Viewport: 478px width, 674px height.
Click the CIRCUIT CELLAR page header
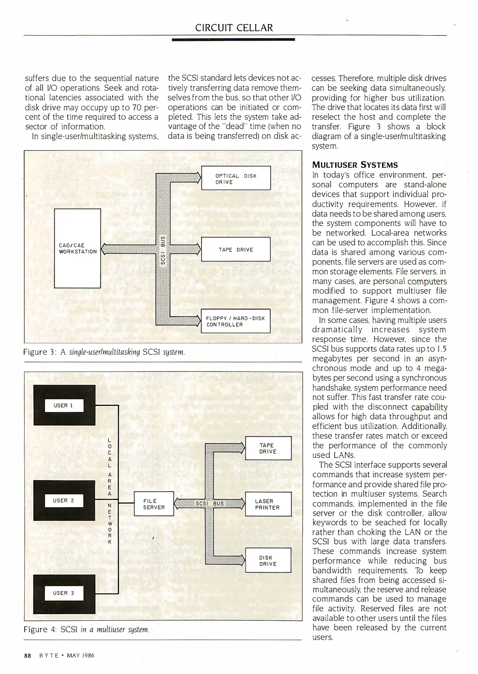234,28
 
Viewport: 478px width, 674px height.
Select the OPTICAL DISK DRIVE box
236,178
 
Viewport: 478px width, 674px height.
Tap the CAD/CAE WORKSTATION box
77,248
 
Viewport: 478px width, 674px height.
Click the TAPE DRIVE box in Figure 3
236,249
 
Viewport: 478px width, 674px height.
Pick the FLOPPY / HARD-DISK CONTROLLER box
236,321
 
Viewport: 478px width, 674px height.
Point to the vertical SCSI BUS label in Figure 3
163,250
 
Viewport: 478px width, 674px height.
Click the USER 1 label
64,405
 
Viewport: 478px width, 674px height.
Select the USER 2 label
64,501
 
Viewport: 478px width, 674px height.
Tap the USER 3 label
64,593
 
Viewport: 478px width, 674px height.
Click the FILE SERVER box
154,504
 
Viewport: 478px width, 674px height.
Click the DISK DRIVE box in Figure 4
268,560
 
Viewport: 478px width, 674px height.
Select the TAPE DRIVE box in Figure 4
268,448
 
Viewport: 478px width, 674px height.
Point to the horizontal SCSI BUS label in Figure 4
210,503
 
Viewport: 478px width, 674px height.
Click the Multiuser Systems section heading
355,165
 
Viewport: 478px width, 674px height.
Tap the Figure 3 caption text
104,352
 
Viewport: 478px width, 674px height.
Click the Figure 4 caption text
86,629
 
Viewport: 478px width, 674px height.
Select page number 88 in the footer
27,656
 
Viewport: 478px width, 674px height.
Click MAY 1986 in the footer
80,656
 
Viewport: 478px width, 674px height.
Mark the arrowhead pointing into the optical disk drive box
198,178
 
